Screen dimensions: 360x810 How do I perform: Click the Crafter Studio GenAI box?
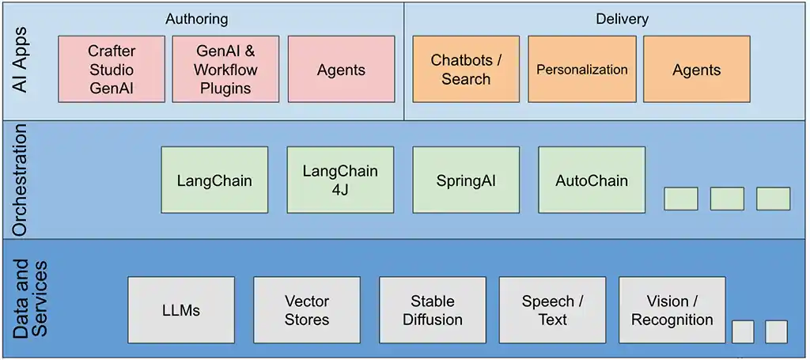pos(112,70)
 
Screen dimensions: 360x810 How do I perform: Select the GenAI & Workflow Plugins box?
pos(225,70)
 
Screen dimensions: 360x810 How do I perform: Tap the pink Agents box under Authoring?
pos(341,70)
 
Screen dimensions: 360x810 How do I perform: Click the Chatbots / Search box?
pos(466,70)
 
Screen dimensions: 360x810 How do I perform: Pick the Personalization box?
pos(581,70)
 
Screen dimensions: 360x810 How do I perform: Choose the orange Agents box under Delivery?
pos(696,70)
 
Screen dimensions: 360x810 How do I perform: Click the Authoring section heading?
pos(196,18)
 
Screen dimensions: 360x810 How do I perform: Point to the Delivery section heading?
pos(622,18)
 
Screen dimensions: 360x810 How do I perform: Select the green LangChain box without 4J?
pos(214,180)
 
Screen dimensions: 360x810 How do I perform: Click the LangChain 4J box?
pos(340,180)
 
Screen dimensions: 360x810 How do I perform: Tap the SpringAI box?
pos(466,180)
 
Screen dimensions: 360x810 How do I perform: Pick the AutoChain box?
pos(592,180)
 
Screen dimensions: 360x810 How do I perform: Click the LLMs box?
pos(181,310)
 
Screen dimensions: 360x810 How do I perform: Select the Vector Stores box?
pos(307,310)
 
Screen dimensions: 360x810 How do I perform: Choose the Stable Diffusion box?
pos(433,310)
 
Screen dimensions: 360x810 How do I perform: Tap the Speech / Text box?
pos(552,310)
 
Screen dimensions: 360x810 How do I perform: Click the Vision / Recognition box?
pos(672,310)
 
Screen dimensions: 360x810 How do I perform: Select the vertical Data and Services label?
pos(30,299)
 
